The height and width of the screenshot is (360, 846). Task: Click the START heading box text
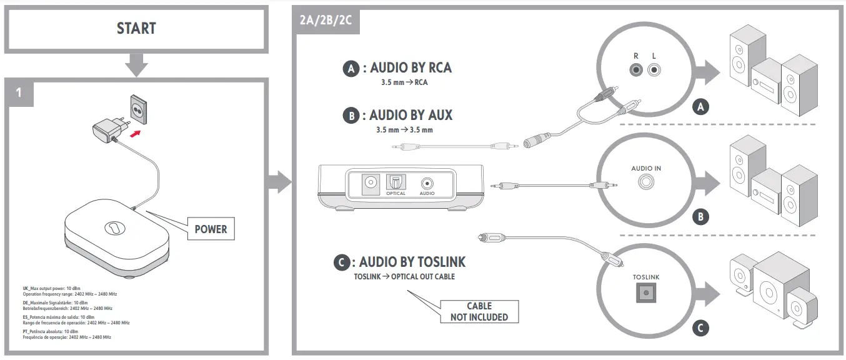coord(136,28)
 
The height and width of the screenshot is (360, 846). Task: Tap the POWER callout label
coord(211,229)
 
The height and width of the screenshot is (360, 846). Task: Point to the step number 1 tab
coord(19,92)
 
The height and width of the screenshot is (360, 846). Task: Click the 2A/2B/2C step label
coord(326,19)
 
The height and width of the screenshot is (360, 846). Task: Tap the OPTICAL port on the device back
coord(396,182)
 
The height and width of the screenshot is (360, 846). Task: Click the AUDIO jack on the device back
coord(427,184)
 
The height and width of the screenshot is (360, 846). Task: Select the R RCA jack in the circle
coord(636,70)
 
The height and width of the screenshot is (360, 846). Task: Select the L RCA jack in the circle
coord(654,70)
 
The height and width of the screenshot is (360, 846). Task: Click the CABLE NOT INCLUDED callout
coord(479,311)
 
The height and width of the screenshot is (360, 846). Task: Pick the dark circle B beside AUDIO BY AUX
coord(351,116)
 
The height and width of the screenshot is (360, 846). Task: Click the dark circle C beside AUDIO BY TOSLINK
coord(341,262)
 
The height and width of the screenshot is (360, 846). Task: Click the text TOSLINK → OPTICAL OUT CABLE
coord(404,276)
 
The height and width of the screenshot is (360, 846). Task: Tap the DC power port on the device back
coord(371,182)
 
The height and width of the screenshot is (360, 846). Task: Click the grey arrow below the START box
coord(136,64)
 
